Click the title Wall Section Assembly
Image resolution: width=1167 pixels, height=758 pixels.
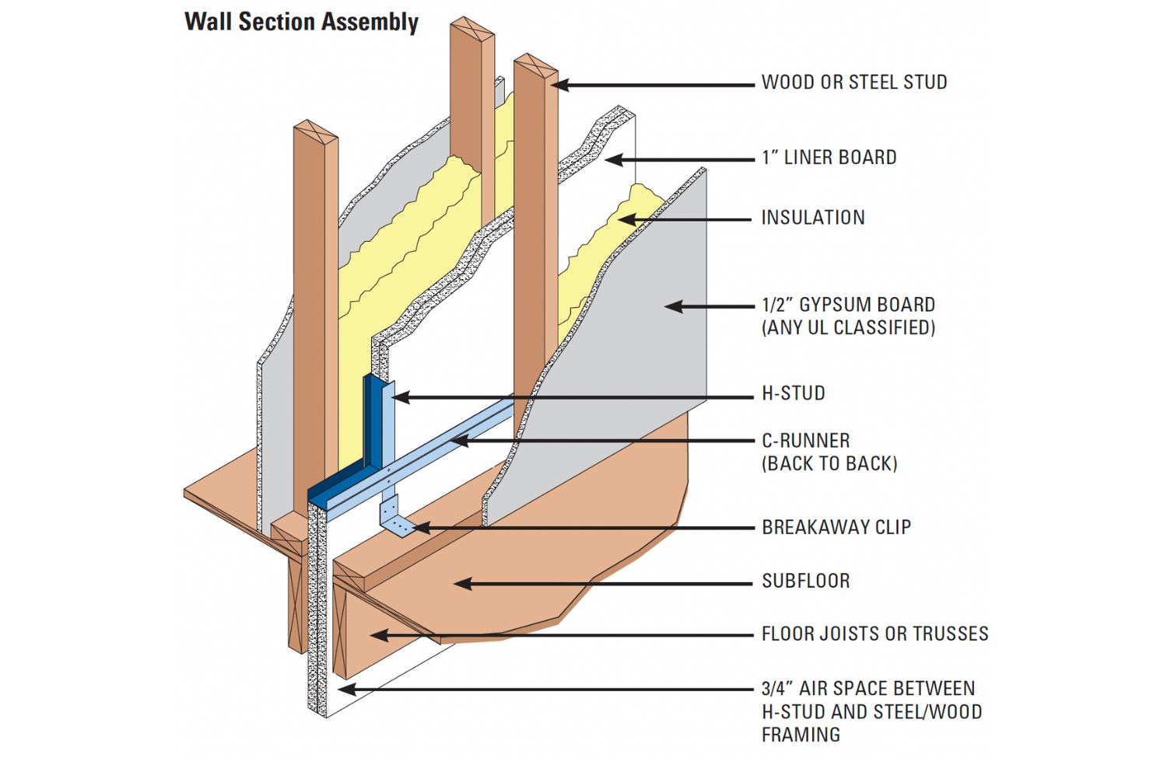pos(301,22)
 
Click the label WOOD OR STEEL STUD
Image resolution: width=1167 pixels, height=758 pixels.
pos(853,82)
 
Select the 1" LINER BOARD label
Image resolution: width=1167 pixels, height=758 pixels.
pos(829,158)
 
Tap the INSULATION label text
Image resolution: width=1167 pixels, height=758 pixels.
pos(812,218)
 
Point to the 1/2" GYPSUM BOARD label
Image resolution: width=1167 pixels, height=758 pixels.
pos(848,305)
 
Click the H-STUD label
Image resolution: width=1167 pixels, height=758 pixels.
pos(793,393)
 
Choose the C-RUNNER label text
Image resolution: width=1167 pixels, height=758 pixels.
pos(805,441)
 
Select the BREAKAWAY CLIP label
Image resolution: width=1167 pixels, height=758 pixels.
pos(836,527)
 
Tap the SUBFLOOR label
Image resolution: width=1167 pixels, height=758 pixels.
pos(805,581)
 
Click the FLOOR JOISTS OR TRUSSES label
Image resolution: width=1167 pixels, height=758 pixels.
pos(874,634)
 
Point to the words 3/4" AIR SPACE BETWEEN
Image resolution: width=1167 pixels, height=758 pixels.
pos(867,689)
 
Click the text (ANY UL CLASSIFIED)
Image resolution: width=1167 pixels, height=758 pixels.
pos(848,328)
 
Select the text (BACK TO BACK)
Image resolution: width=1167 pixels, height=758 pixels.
pos(829,464)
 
